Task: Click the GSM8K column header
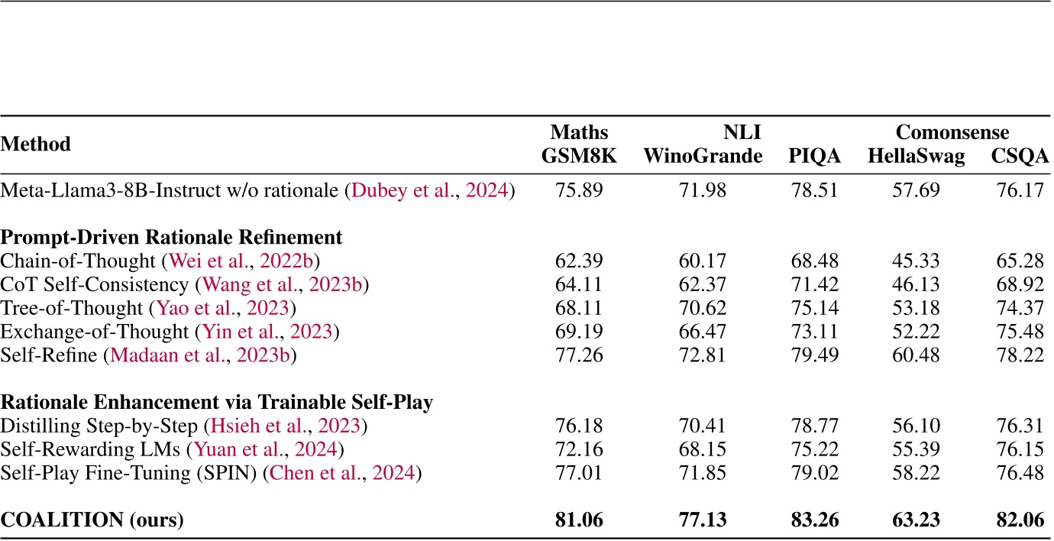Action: [x=578, y=157]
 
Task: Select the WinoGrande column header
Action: [x=703, y=157]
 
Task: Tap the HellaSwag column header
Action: [x=916, y=157]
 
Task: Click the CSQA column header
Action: [x=1020, y=157]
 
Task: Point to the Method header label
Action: [x=36, y=144]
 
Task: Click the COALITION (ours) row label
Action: [x=92, y=520]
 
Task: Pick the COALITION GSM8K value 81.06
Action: [x=578, y=520]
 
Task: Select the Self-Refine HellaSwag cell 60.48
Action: [x=916, y=355]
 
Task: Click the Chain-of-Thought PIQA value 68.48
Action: [x=814, y=261]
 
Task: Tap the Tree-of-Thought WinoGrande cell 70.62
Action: [x=703, y=308]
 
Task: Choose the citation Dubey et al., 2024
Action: [x=429, y=190]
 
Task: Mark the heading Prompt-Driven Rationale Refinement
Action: [x=172, y=237]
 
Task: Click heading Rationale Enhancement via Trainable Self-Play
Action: [x=217, y=402]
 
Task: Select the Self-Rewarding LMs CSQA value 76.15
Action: [x=1020, y=449]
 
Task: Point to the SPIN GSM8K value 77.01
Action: [x=578, y=473]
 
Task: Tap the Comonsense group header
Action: [x=952, y=132]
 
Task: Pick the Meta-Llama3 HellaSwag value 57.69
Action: [x=916, y=190]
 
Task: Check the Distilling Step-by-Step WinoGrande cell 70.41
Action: [x=703, y=426]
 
